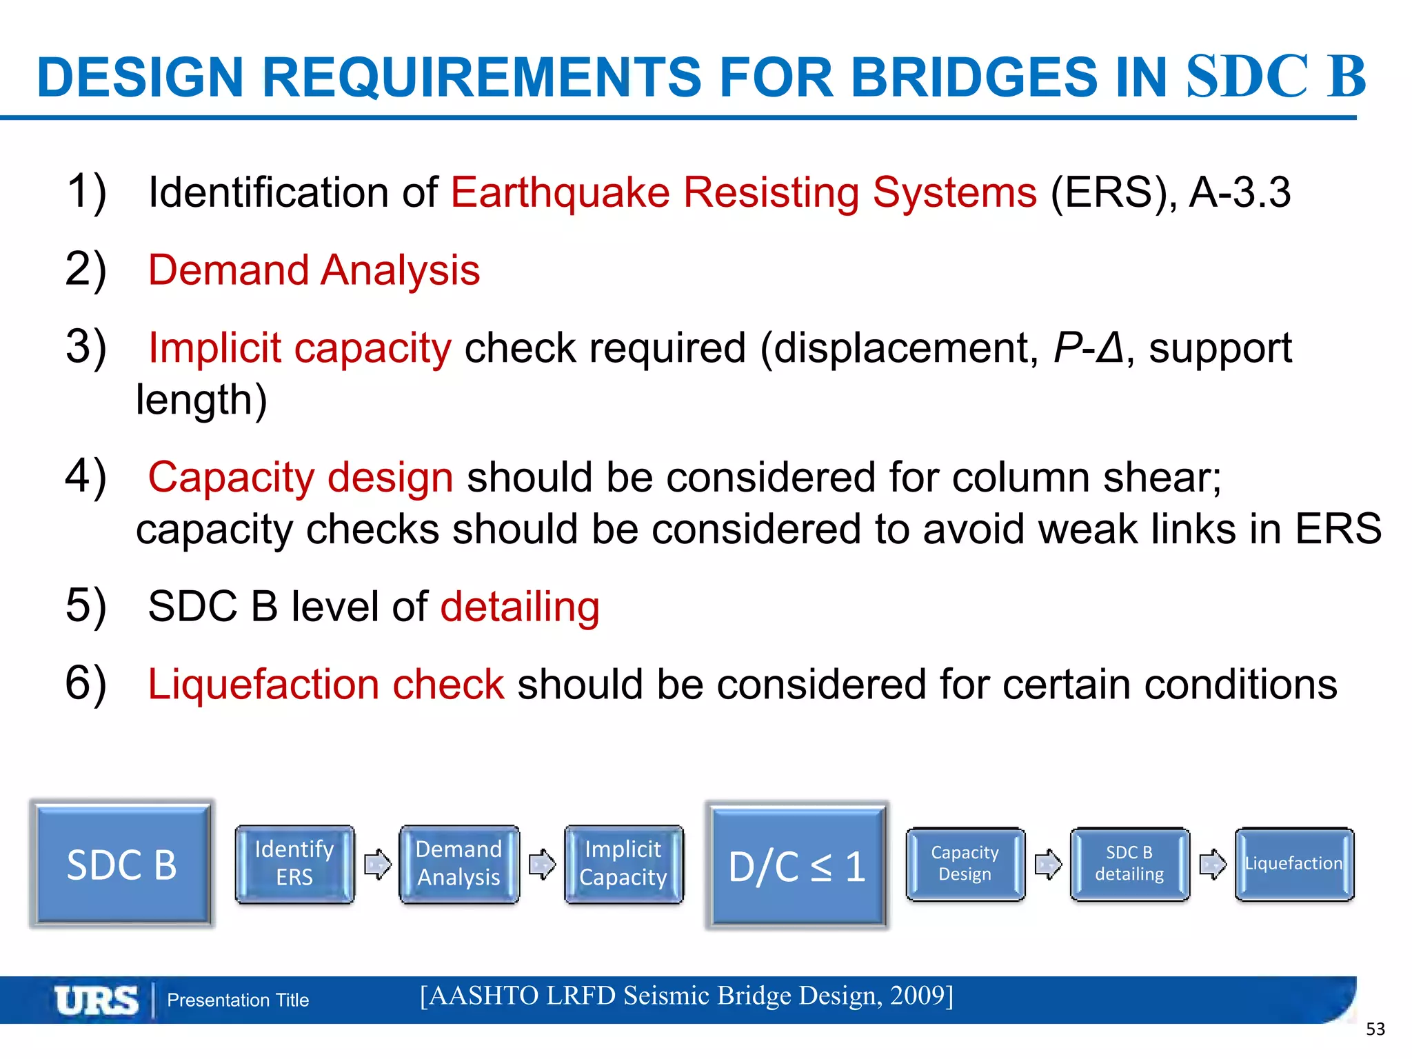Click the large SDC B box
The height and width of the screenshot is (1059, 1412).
point(121,865)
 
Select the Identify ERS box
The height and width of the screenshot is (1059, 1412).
point(294,864)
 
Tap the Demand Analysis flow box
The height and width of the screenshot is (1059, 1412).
point(458,864)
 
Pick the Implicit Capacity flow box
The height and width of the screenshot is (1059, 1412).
point(623,864)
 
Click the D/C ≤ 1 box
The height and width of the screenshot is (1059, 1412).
point(797,866)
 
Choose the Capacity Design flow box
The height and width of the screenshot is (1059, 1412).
point(965,864)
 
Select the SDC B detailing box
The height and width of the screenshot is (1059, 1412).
point(1129,864)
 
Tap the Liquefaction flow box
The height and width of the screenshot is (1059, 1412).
point(1294,864)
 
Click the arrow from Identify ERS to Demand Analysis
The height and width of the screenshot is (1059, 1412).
point(377,864)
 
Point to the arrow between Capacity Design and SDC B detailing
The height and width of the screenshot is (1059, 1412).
point(1048,864)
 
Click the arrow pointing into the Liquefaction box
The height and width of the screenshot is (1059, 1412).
point(1213,864)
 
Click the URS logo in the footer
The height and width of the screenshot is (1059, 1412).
point(97,1000)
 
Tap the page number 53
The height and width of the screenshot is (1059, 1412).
point(1375,1029)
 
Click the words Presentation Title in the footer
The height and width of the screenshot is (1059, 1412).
point(238,1000)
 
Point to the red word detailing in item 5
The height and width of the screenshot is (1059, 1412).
point(520,607)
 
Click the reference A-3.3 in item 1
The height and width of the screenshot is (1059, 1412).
point(1240,192)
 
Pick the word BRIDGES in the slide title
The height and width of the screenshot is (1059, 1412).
point(974,77)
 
